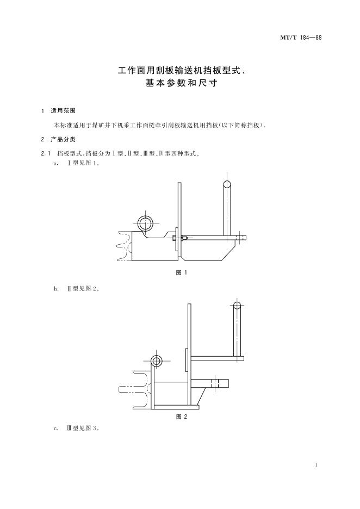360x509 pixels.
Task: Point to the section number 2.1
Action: pyautogui.click(x=45, y=153)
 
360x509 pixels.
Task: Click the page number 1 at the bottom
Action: pyautogui.click(x=316, y=465)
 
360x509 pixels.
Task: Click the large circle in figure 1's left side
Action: pyautogui.click(x=146, y=222)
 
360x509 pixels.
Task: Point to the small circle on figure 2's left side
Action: pyautogui.click(x=157, y=361)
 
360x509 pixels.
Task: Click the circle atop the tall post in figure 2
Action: pyautogui.click(x=237, y=306)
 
